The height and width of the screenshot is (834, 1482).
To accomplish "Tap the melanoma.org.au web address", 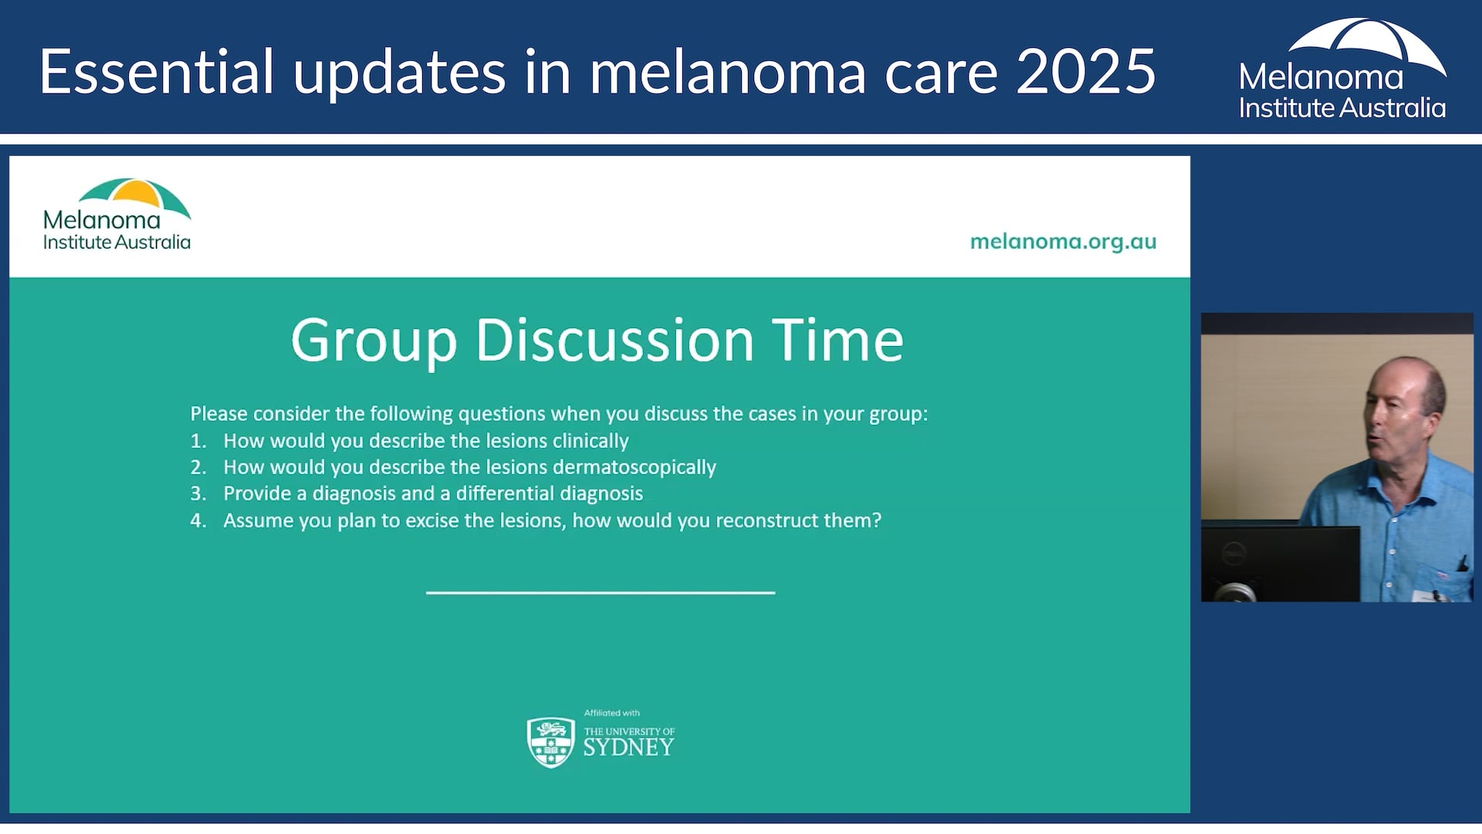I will pyautogui.click(x=1062, y=242).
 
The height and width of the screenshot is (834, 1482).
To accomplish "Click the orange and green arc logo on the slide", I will pyautogui.click(x=136, y=195).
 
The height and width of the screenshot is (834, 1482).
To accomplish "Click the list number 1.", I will pyautogui.click(x=198, y=441).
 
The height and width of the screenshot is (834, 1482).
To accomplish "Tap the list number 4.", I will pyautogui.click(x=198, y=520).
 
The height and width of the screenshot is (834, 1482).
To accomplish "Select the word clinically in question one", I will pyautogui.click(x=590, y=441).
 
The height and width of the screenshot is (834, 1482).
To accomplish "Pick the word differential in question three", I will pyautogui.click(x=504, y=493).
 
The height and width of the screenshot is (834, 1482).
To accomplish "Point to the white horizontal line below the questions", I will pyautogui.click(x=600, y=592).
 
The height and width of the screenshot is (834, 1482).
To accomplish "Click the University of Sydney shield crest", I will pyautogui.click(x=550, y=741).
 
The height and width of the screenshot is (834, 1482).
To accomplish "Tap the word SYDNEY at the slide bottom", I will pyautogui.click(x=628, y=748).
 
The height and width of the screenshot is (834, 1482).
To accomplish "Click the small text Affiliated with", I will pyautogui.click(x=611, y=713).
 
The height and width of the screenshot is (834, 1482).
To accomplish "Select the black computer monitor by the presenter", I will pyautogui.click(x=1280, y=562).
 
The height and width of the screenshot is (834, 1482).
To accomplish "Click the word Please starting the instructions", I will pyautogui.click(x=219, y=414).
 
